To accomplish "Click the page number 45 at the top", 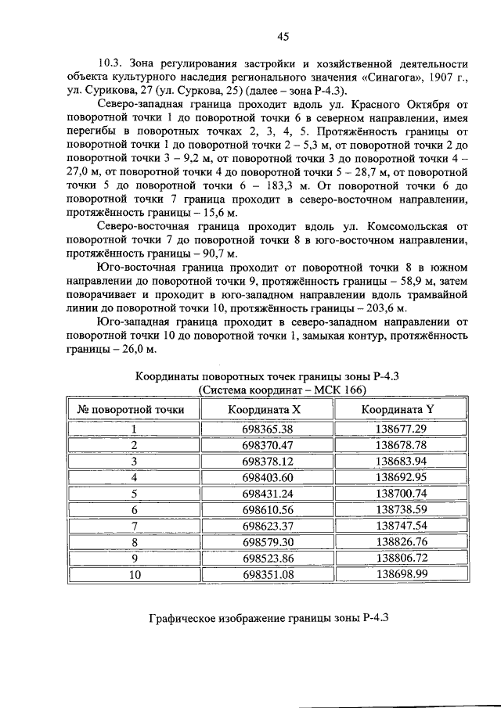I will pyautogui.click(x=283, y=34).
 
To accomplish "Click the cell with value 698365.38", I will pyautogui.click(x=267, y=429).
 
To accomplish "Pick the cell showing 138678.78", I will pyautogui.click(x=400, y=445).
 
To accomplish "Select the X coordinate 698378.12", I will pyautogui.click(x=267, y=461).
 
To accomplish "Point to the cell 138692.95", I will pyautogui.click(x=400, y=477).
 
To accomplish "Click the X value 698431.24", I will pyautogui.click(x=267, y=493).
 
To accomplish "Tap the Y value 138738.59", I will pyautogui.click(x=400, y=509).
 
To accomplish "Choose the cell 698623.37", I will pyautogui.click(x=267, y=525).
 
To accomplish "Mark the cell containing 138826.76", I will pyautogui.click(x=400, y=541).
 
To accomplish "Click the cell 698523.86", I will pyautogui.click(x=267, y=557).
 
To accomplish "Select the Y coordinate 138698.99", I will pyautogui.click(x=400, y=573).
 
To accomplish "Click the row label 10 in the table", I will pyautogui.click(x=134, y=573).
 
